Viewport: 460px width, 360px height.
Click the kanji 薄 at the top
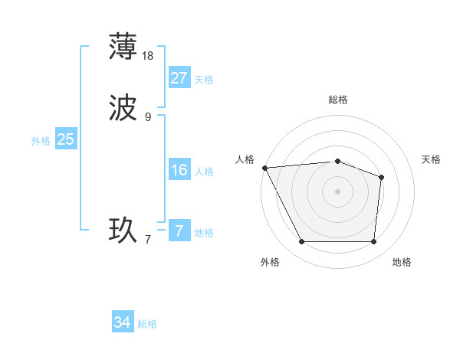click(123, 46)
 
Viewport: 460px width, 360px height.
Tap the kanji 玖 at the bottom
click(123, 231)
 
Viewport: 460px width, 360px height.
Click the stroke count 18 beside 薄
click(149, 55)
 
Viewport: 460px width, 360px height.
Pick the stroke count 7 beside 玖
click(148, 240)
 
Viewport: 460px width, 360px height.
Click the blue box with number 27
click(179, 78)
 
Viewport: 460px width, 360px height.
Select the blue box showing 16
click(179, 170)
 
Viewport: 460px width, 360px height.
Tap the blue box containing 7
click(179, 231)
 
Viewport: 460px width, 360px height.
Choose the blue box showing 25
click(66, 139)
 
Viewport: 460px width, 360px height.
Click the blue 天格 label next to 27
click(204, 80)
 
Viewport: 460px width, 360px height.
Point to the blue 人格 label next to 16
click(204, 172)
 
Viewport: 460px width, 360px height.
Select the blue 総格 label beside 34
click(147, 325)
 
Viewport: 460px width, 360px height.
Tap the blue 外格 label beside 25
click(41, 141)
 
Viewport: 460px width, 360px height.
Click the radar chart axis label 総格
click(338, 100)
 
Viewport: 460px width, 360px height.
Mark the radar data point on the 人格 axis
click(264, 167)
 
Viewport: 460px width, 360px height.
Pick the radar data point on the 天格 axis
click(381, 177)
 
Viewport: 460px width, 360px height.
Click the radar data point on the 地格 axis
click(373, 242)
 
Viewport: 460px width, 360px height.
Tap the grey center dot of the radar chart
click(338, 191)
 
